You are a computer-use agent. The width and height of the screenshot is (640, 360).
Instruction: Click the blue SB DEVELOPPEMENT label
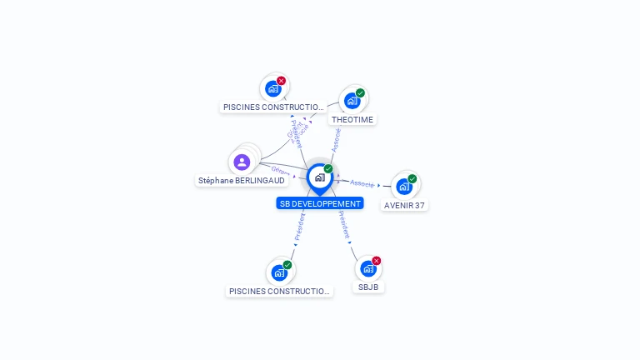tap(320, 203)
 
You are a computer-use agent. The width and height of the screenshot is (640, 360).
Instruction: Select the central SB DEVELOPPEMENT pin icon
tap(319, 177)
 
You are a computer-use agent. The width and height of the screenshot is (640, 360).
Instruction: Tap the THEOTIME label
tap(352, 119)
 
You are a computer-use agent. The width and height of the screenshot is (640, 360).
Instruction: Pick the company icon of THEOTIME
tap(352, 101)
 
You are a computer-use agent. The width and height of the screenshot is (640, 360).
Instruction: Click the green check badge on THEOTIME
tap(360, 92)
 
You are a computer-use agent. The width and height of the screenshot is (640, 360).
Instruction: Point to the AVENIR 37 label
tap(405, 205)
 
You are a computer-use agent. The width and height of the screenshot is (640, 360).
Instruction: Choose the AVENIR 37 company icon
tap(404, 187)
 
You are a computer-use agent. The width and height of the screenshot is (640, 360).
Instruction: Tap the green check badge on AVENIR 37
tap(412, 178)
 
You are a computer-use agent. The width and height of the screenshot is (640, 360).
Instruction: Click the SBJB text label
tap(368, 287)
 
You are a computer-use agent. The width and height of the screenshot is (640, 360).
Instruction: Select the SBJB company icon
tap(367, 269)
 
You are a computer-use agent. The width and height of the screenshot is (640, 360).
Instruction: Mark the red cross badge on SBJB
tap(376, 261)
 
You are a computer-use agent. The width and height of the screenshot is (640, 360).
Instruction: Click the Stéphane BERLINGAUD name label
tap(242, 180)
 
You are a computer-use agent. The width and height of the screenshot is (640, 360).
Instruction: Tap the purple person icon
tap(242, 162)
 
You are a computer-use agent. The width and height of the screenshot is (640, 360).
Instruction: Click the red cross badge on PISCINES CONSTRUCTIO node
tap(281, 81)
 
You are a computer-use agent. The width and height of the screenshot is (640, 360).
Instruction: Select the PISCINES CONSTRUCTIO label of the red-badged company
tap(273, 107)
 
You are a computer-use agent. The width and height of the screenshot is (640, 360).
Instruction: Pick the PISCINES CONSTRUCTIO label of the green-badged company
tap(279, 291)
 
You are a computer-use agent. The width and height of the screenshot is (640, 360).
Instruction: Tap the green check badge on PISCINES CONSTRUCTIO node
tap(287, 265)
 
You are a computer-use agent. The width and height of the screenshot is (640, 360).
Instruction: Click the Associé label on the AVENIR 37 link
tap(362, 182)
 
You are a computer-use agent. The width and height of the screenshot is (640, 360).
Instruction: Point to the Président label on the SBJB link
tap(343, 224)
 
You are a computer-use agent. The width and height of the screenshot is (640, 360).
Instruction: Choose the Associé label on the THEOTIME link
tap(336, 139)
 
